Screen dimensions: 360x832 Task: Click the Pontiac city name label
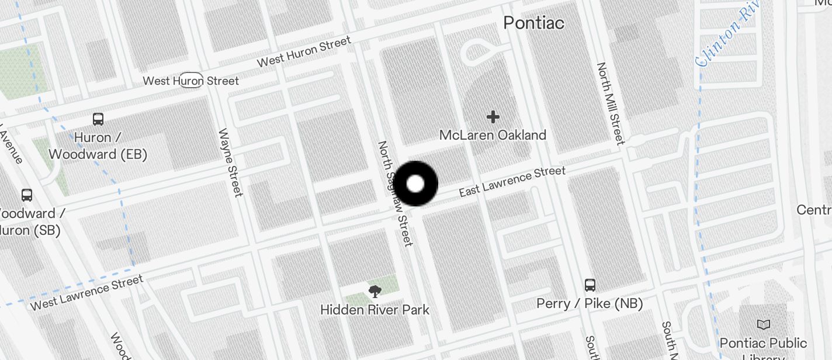tap(533, 23)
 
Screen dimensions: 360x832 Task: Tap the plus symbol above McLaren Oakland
tap(493, 117)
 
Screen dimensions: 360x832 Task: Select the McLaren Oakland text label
tap(493, 135)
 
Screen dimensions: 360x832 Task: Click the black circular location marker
tap(415, 184)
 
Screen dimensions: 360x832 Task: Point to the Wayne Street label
tap(230, 162)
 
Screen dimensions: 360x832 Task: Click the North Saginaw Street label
tap(395, 193)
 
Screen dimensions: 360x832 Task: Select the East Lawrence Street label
tap(512, 182)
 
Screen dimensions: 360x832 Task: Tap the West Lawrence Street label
tap(86, 293)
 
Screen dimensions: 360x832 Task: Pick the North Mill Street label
tap(611, 103)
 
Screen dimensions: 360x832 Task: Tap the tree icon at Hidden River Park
tap(375, 290)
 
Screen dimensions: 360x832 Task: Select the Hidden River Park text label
tap(375, 310)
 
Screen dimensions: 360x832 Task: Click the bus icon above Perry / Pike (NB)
tap(590, 285)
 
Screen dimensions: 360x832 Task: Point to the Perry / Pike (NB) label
tap(590, 303)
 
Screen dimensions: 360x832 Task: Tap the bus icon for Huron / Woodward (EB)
tap(98, 119)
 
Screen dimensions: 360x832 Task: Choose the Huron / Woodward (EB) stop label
tap(98, 146)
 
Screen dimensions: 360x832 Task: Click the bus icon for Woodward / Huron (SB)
tap(27, 195)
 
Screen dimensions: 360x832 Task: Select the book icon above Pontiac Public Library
tap(763, 324)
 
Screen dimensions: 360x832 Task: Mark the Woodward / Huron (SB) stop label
tap(29, 221)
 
